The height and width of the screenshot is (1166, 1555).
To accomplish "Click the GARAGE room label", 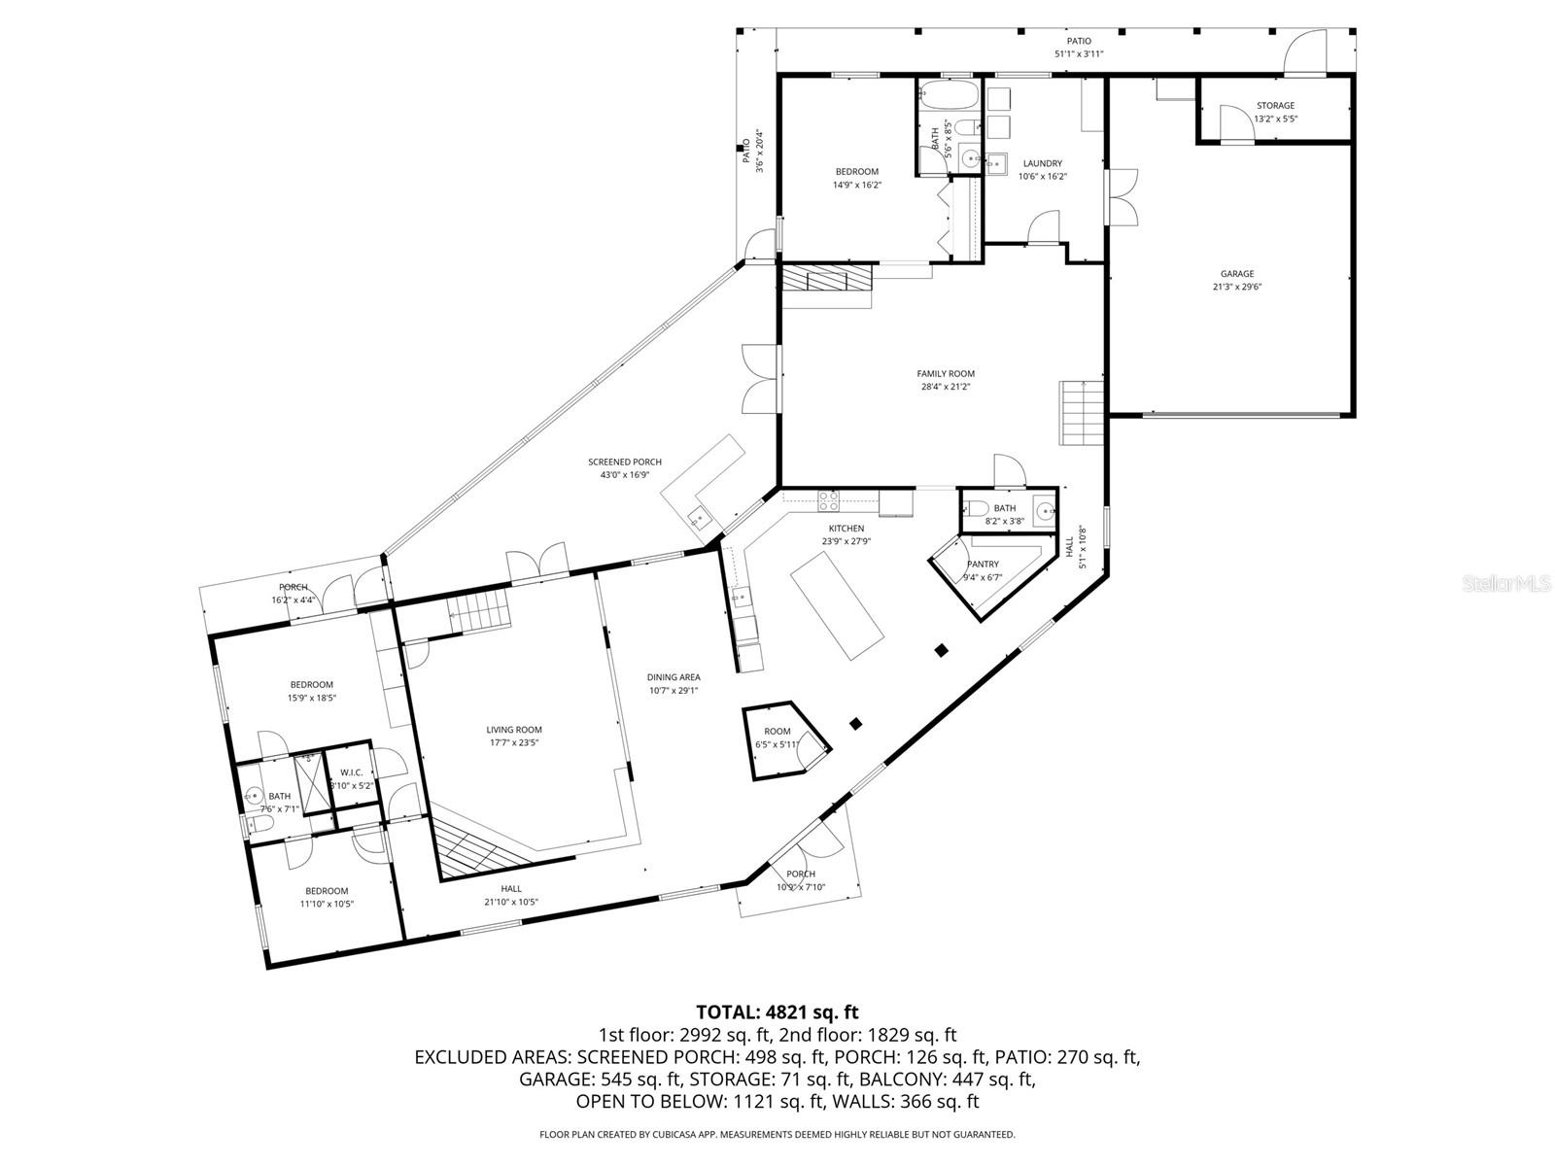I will coord(1237,274).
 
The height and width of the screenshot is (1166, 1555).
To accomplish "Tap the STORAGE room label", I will coord(1275,106).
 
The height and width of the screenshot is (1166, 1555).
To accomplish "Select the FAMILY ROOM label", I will coord(946,374).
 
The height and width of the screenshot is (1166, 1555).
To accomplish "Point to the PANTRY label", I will coord(983,565).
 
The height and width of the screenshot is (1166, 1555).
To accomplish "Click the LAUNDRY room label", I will coord(1042,164).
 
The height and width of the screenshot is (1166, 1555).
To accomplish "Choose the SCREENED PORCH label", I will coord(624,463).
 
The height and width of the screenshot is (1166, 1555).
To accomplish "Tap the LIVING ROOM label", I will coord(514,730).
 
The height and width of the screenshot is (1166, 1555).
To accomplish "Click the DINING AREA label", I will coord(674,678).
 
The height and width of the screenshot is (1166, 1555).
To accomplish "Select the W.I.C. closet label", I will coord(351,772).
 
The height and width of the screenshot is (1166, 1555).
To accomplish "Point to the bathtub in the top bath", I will coord(948,96).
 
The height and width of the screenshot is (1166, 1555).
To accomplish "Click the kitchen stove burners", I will coord(829,501).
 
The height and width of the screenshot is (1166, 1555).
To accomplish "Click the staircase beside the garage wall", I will coord(1082,412).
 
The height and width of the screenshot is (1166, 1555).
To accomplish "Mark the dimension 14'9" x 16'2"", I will coord(856,185).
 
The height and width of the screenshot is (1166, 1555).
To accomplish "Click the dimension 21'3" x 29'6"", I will coord(1237,287).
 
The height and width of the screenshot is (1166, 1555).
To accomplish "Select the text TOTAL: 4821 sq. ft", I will coord(777,1012).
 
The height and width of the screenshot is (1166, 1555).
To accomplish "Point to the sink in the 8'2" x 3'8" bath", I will coord(1043,510).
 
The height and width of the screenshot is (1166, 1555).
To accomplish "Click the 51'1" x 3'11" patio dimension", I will coord(1079,53).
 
